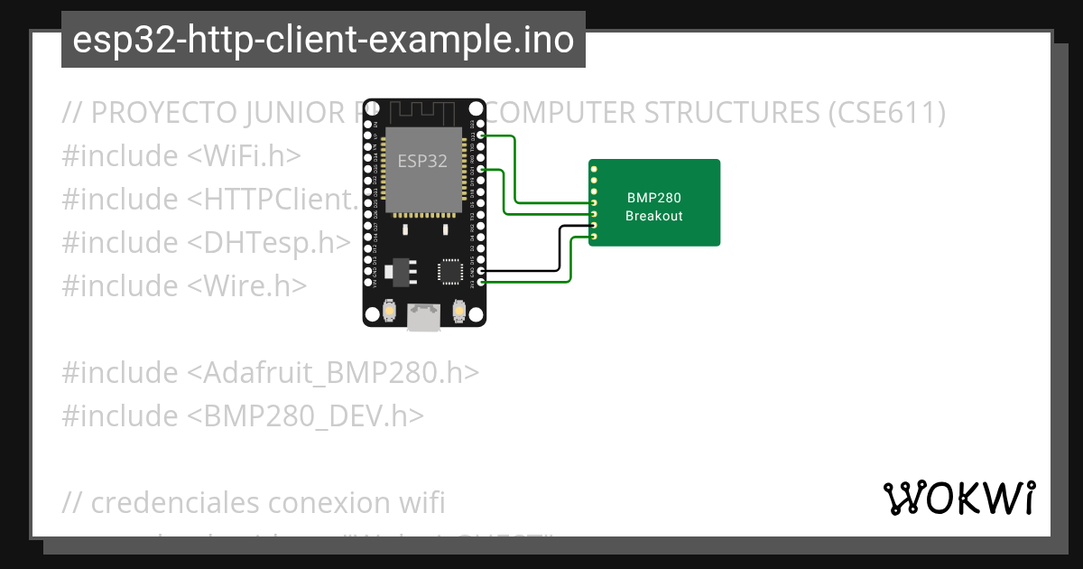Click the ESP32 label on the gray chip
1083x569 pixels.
click(422, 162)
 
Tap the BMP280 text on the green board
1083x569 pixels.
click(654, 198)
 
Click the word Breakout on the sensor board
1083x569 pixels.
click(654, 216)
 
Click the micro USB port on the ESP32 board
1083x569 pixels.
click(423, 315)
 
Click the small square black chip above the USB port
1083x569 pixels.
click(449, 271)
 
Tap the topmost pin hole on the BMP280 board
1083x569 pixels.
click(594, 169)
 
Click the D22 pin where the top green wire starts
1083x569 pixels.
click(481, 135)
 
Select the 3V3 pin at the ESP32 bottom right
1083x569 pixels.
click(481, 283)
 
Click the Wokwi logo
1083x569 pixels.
click(958, 498)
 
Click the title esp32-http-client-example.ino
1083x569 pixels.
click(323, 41)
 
